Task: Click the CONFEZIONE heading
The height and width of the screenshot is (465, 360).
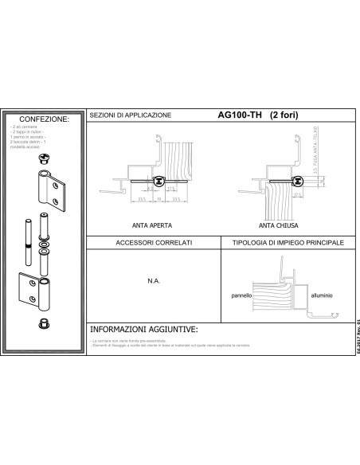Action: [x=44, y=119]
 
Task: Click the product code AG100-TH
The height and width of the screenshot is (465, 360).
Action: [x=240, y=114]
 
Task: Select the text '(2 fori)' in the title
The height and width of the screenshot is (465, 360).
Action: [x=285, y=114]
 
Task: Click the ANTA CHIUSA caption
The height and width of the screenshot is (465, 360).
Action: [x=275, y=225]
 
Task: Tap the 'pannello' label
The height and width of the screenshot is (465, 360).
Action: [x=241, y=294]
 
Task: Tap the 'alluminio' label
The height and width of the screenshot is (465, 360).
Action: [x=323, y=294]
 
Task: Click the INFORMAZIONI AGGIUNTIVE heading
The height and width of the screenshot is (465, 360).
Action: [x=143, y=328]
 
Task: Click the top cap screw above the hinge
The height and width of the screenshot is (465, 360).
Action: [x=44, y=159]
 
